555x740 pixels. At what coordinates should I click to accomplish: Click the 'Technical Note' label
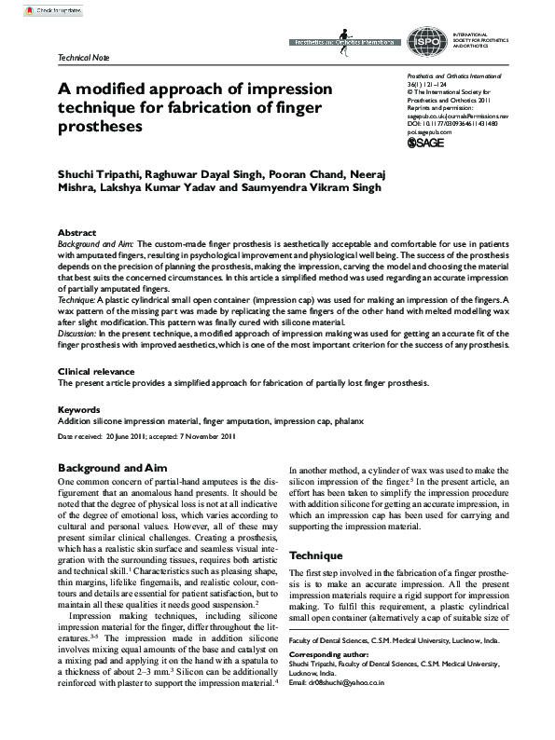[84, 58]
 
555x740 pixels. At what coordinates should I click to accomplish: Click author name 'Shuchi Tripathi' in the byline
[98, 173]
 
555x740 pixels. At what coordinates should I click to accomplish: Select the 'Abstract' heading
[76, 232]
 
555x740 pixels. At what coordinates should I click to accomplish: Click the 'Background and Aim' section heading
[112, 466]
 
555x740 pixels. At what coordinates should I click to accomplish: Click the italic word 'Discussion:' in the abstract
[77, 332]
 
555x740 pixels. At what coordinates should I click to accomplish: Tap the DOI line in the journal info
[452, 122]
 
